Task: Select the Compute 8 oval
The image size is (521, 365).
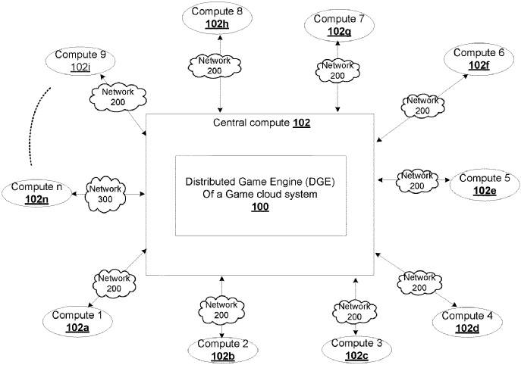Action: [218, 17]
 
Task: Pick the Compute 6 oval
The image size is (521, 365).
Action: [478, 59]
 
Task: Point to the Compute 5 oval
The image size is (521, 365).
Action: [485, 184]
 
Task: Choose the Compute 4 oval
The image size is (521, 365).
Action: [468, 321]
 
